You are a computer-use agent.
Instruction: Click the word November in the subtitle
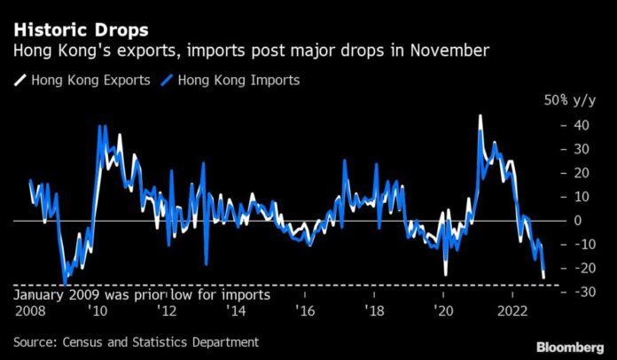pyautogui.click(x=443, y=51)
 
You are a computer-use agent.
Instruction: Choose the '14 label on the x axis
pyautogui.click(x=235, y=311)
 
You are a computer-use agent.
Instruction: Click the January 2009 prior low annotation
pyautogui.click(x=142, y=293)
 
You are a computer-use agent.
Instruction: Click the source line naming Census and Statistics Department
pyautogui.click(x=136, y=341)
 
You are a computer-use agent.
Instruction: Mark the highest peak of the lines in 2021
pyautogui.click(x=480, y=116)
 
